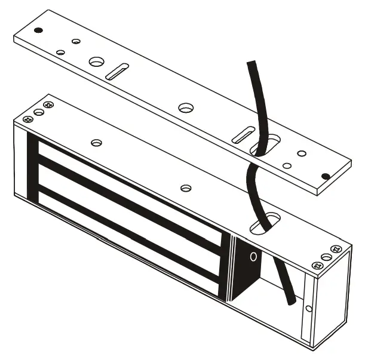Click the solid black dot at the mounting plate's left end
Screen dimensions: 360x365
(38, 30)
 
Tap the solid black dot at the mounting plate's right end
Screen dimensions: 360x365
(325, 176)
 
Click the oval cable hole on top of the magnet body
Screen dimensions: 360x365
(263, 225)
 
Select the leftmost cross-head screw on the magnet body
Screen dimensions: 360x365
(27, 119)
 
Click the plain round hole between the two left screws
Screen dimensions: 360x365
(39, 112)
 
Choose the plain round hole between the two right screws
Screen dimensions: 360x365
(326, 257)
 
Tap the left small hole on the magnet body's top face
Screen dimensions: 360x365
(97, 143)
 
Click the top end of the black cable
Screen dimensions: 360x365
(250, 63)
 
